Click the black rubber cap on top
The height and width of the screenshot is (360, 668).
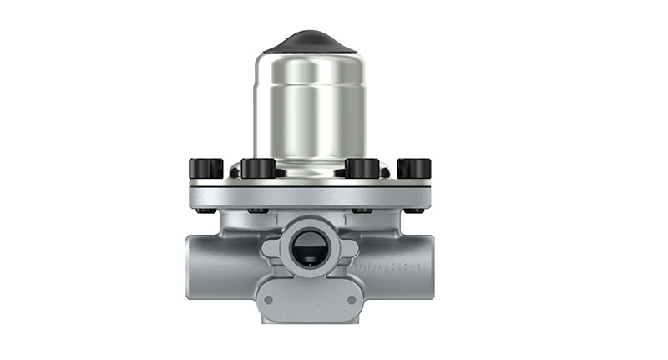[310, 42]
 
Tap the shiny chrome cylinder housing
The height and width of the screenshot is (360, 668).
[310, 109]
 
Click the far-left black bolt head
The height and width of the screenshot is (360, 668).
[205, 168]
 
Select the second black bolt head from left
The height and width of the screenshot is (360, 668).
[258, 168]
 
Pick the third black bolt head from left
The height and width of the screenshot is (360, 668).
[362, 168]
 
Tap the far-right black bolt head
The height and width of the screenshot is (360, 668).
[414, 168]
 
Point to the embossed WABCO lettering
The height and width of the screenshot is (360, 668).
[392, 268]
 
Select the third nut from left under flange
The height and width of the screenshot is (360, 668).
[361, 210]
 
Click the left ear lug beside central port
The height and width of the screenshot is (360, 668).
[271, 250]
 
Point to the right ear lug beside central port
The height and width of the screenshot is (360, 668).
[349, 250]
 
